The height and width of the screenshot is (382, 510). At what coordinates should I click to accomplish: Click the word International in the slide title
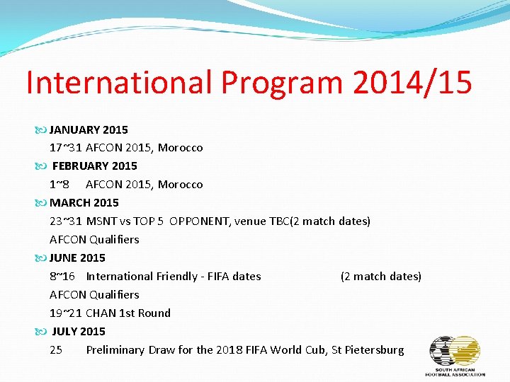pyautogui.click(x=119, y=82)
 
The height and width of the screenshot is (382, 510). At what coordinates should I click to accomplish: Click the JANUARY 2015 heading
pyautogui.click(x=89, y=129)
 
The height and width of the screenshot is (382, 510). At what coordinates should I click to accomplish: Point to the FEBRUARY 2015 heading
pyautogui.click(x=94, y=166)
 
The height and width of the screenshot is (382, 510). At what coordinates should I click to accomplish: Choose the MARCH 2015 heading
pyautogui.click(x=84, y=202)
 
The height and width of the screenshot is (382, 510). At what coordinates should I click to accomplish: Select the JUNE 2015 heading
pyautogui.click(x=77, y=257)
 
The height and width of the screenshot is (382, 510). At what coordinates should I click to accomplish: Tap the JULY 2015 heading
pyautogui.click(x=79, y=331)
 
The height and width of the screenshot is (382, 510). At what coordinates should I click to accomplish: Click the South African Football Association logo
pyautogui.click(x=455, y=355)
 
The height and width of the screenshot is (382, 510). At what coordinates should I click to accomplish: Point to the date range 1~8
pyautogui.click(x=59, y=185)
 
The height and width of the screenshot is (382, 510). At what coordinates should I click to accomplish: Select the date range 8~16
pyautogui.click(x=62, y=277)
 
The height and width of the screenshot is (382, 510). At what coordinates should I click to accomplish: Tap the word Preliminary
pyautogui.click(x=115, y=350)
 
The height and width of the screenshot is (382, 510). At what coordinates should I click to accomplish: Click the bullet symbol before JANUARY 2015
pyautogui.click(x=40, y=130)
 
